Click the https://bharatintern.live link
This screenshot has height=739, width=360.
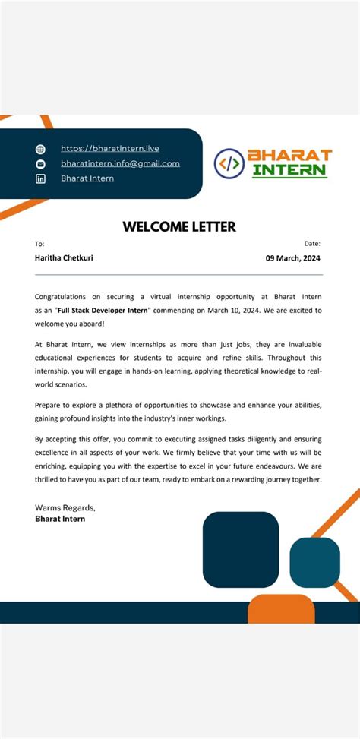(109, 149)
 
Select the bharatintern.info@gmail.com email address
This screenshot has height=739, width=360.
(120, 163)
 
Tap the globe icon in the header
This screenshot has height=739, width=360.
(41, 150)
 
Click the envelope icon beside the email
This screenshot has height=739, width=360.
(41, 164)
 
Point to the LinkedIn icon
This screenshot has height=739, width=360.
(41, 178)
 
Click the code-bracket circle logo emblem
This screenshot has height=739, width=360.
(229, 163)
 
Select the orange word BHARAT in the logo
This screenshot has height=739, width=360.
(290, 155)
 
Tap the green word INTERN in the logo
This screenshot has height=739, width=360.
(289, 170)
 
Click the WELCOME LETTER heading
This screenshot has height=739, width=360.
(179, 226)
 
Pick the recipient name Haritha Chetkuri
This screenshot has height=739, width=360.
(64, 257)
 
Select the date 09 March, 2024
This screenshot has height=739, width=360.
(293, 257)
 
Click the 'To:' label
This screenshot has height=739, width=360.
(39, 244)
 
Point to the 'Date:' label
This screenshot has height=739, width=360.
(312, 244)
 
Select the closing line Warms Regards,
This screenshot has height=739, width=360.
(65, 507)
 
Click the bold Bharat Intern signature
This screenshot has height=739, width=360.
(60, 519)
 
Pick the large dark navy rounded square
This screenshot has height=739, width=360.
(241, 549)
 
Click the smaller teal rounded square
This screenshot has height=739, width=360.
(314, 562)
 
